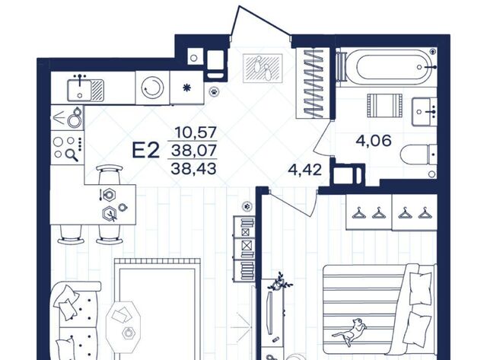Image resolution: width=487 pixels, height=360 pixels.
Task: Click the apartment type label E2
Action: coord(146,150)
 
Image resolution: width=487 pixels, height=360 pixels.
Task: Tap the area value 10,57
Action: coord(196,132)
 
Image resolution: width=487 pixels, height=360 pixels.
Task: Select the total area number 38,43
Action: coord(193,169)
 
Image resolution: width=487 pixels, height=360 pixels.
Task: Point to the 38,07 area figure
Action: coord(194,151)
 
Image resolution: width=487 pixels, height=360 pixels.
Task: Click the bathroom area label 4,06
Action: coord(374,141)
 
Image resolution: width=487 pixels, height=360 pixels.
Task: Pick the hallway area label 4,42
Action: coord(304,170)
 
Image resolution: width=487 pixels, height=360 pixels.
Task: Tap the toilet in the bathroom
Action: coord(419,155)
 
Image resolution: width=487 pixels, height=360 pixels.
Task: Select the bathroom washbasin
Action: coord(425,112)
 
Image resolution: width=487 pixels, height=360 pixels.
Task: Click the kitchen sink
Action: coord(85,90)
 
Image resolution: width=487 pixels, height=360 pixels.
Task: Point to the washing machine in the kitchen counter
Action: coord(152,88)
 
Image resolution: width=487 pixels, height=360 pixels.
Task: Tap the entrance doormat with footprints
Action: coord(263,68)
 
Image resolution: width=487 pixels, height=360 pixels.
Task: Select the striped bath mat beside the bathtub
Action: coord(384,106)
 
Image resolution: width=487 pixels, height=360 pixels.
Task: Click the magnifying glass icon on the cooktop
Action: coord(73,155)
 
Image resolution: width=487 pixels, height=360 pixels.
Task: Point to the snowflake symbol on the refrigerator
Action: coord(186,88)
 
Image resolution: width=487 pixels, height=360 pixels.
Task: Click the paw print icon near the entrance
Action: coord(214,91)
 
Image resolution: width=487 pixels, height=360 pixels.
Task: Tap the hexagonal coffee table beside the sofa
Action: coord(123,322)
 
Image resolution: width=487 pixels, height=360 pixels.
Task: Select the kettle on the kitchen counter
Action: coord(75,117)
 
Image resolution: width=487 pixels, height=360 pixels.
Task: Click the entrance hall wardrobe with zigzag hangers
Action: coord(314,83)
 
